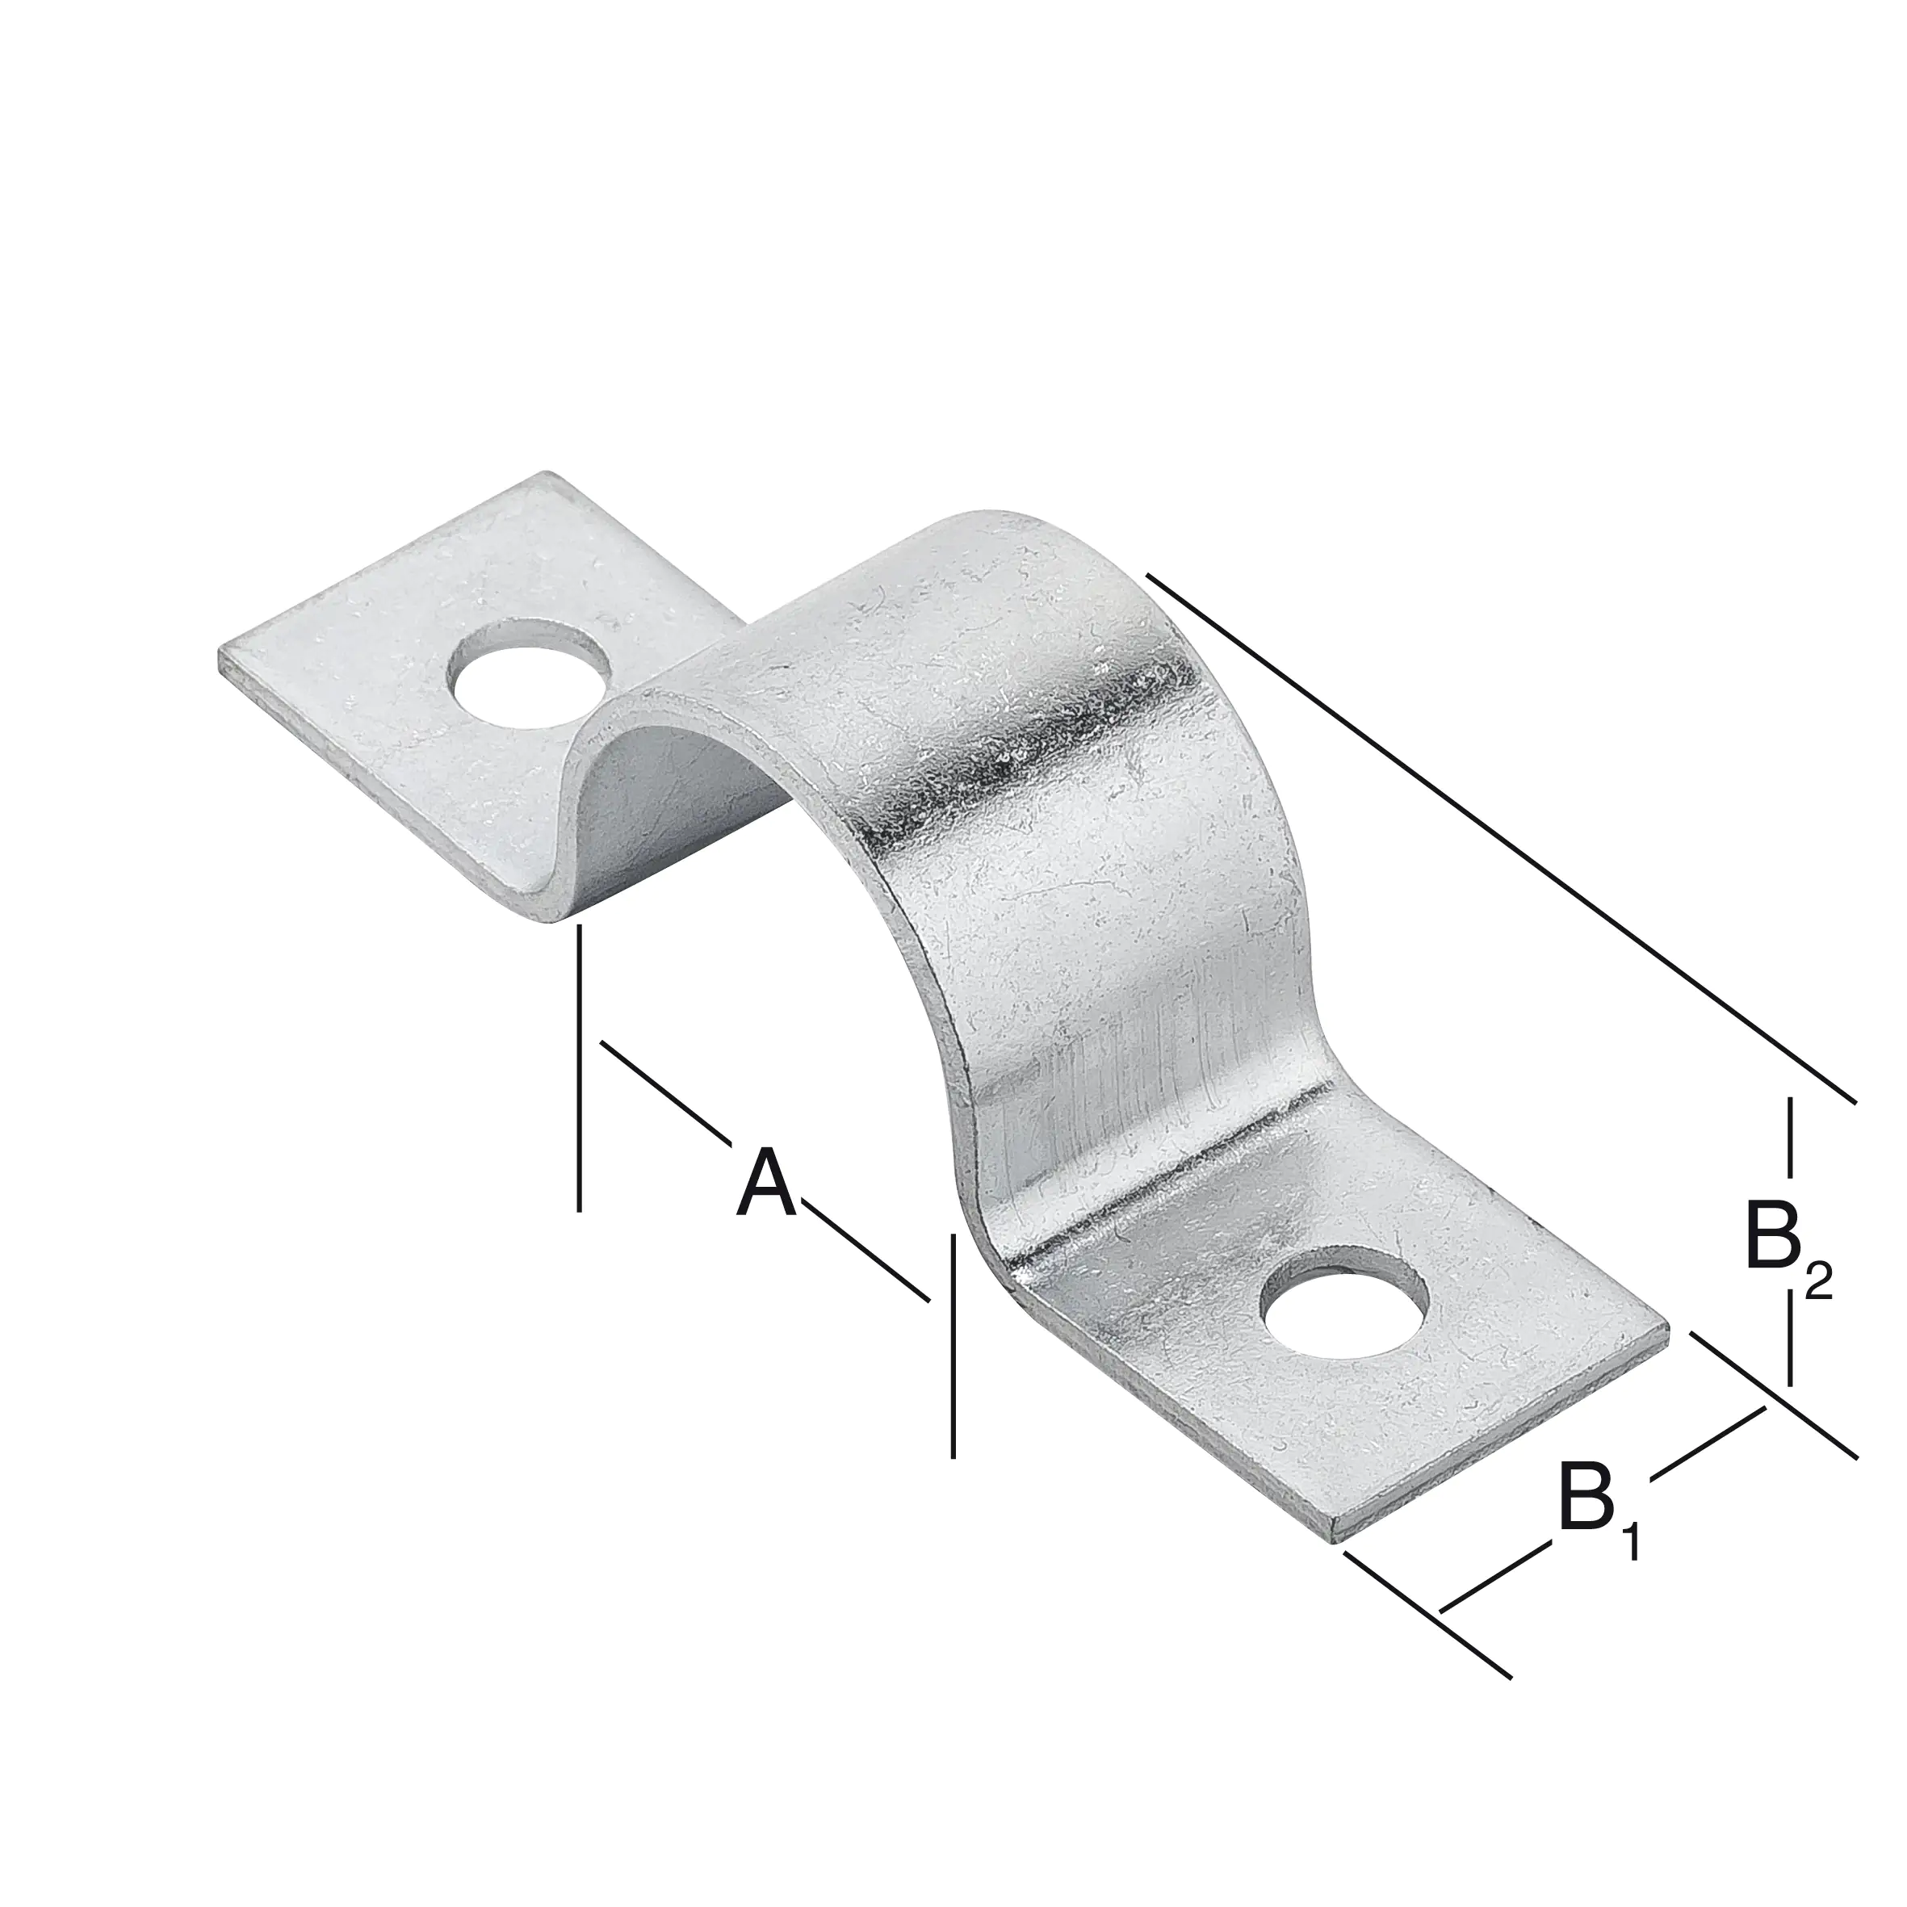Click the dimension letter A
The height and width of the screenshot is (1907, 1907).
pos(767,1184)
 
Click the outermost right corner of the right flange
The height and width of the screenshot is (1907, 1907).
pos(1667,1331)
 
